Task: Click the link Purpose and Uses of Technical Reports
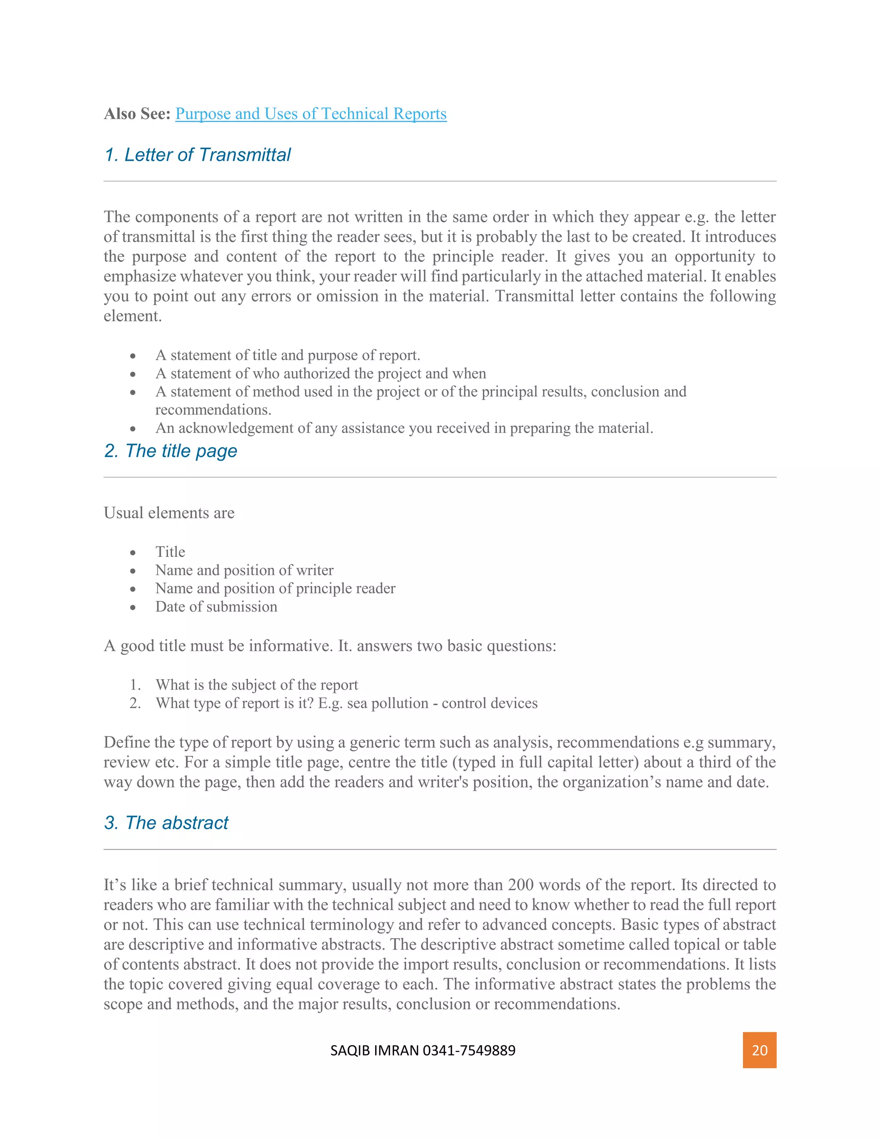(x=311, y=114)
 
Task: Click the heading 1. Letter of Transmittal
(x=197, y=155)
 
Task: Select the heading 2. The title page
(x=171, y=450)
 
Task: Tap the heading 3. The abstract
(x=166, y=822)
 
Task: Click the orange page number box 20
(x=759, y=1050)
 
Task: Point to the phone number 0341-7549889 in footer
(x=469, y=1050)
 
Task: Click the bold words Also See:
(x=137, y=114)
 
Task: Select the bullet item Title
(x=170, y=552)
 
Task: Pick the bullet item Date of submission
(x=216, y=606)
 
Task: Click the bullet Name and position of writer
(x=244, y=570)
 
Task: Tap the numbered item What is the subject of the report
(x=257, y=685)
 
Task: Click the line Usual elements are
(x=169, y=513)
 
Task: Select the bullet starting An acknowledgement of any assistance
(x=403, y=428)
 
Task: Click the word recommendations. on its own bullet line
(x=213, y=410)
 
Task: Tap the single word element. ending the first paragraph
(x=132, y=316)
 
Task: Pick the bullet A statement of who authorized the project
(x=320, y=374)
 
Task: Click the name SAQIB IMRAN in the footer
(x=374, y=1050)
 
